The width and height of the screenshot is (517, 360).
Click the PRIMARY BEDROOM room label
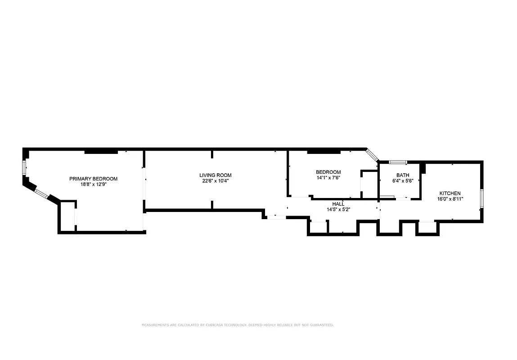[x=93, y=179]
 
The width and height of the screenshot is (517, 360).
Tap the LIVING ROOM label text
[x=216, y=175]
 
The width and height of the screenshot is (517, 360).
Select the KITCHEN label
[x=450, y=193]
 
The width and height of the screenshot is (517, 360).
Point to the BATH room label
[x=403, y=175]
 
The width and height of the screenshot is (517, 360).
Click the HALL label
[x=338, y=204]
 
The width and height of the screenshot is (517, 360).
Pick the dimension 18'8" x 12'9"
[x=93, y=184]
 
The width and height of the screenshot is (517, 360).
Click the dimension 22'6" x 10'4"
[x=216, y=181]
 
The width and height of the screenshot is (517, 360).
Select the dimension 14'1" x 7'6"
[x=328, y=178]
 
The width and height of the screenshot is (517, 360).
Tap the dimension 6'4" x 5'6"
[x=403, y=181]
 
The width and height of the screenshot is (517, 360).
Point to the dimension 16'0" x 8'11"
[x=450, y=199]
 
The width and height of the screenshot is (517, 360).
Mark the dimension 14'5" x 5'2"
[x=338, y=209]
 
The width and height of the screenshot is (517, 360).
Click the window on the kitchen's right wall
[x=481, y=198]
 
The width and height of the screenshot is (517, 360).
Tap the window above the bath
[x=398, y=162]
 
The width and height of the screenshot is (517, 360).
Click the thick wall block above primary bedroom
[x=101, y=151]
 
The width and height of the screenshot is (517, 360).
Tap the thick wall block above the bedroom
[x=324, y=151]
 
